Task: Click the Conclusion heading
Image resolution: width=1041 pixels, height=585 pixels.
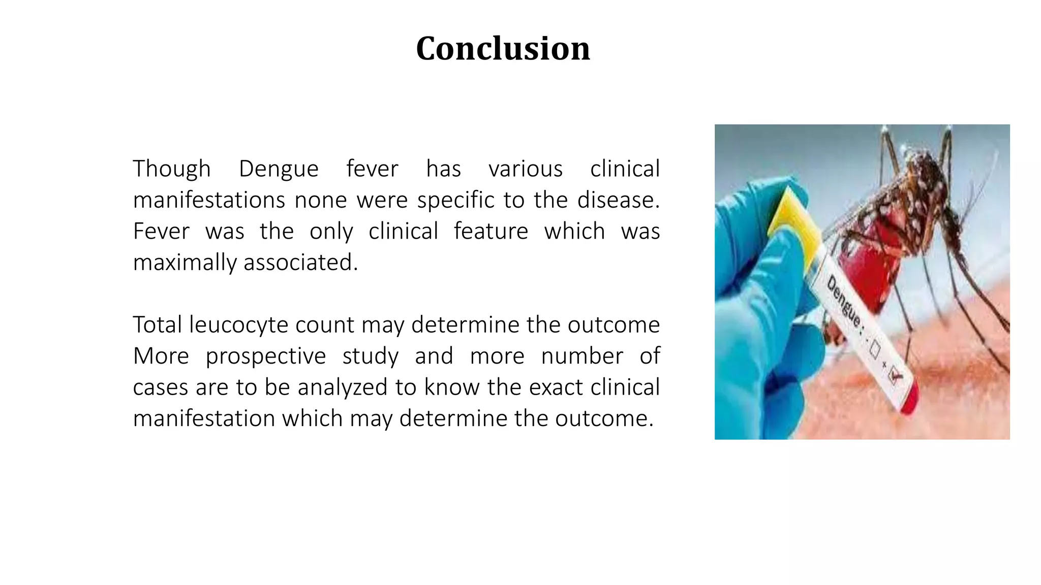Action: tap(503, 49)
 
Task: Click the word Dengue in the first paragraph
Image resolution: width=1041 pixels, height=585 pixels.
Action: tap(279, 169)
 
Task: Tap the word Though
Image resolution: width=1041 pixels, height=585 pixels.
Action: tap(171, 169)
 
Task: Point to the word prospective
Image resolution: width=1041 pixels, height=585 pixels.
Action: tap(265, 356)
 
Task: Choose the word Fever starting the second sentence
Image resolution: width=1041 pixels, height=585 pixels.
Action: tap(161, 232)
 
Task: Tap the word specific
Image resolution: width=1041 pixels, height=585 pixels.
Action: tap(455, 200)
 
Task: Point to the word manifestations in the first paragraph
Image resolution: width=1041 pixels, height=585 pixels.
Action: tap(208, 200)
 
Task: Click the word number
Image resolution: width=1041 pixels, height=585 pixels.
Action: tap(581, 356)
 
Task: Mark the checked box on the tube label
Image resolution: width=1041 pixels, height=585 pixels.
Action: tap(895, 376)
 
